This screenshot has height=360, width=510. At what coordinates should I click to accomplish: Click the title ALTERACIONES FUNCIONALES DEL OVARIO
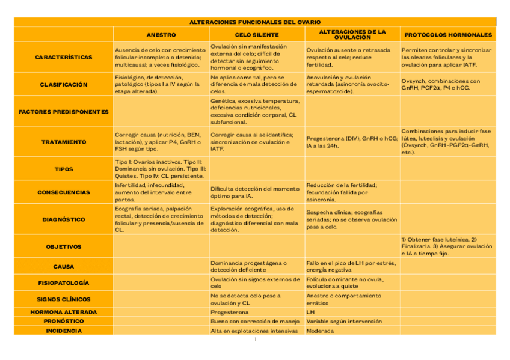255,22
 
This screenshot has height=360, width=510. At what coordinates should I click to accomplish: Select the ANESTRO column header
161,35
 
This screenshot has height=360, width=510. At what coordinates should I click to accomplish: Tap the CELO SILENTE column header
257,35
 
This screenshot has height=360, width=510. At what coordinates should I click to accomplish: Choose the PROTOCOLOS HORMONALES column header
448,35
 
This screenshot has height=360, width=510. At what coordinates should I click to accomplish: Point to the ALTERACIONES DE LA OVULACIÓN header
352,34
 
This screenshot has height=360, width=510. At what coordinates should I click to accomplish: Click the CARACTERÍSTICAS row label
64,57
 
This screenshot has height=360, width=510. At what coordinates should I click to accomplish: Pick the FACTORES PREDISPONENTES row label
64,112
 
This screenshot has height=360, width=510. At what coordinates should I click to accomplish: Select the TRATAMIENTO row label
64,142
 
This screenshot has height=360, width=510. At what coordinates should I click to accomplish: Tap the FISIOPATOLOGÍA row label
64,282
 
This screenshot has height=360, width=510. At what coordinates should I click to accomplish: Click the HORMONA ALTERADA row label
64,312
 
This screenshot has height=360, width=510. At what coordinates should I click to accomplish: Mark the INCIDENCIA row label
64,331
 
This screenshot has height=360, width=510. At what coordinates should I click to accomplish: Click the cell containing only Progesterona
230,312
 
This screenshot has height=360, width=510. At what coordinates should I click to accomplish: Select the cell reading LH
311,312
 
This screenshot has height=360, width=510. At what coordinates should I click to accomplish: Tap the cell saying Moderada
319,331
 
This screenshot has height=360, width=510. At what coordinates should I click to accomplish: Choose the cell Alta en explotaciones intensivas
254,331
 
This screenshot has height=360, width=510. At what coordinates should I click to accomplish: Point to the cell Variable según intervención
344,321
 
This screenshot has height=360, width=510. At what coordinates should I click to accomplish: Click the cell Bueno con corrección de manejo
255,321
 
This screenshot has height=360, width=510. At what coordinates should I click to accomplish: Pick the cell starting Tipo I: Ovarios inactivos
160,169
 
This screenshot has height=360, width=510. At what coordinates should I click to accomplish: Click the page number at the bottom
255,340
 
